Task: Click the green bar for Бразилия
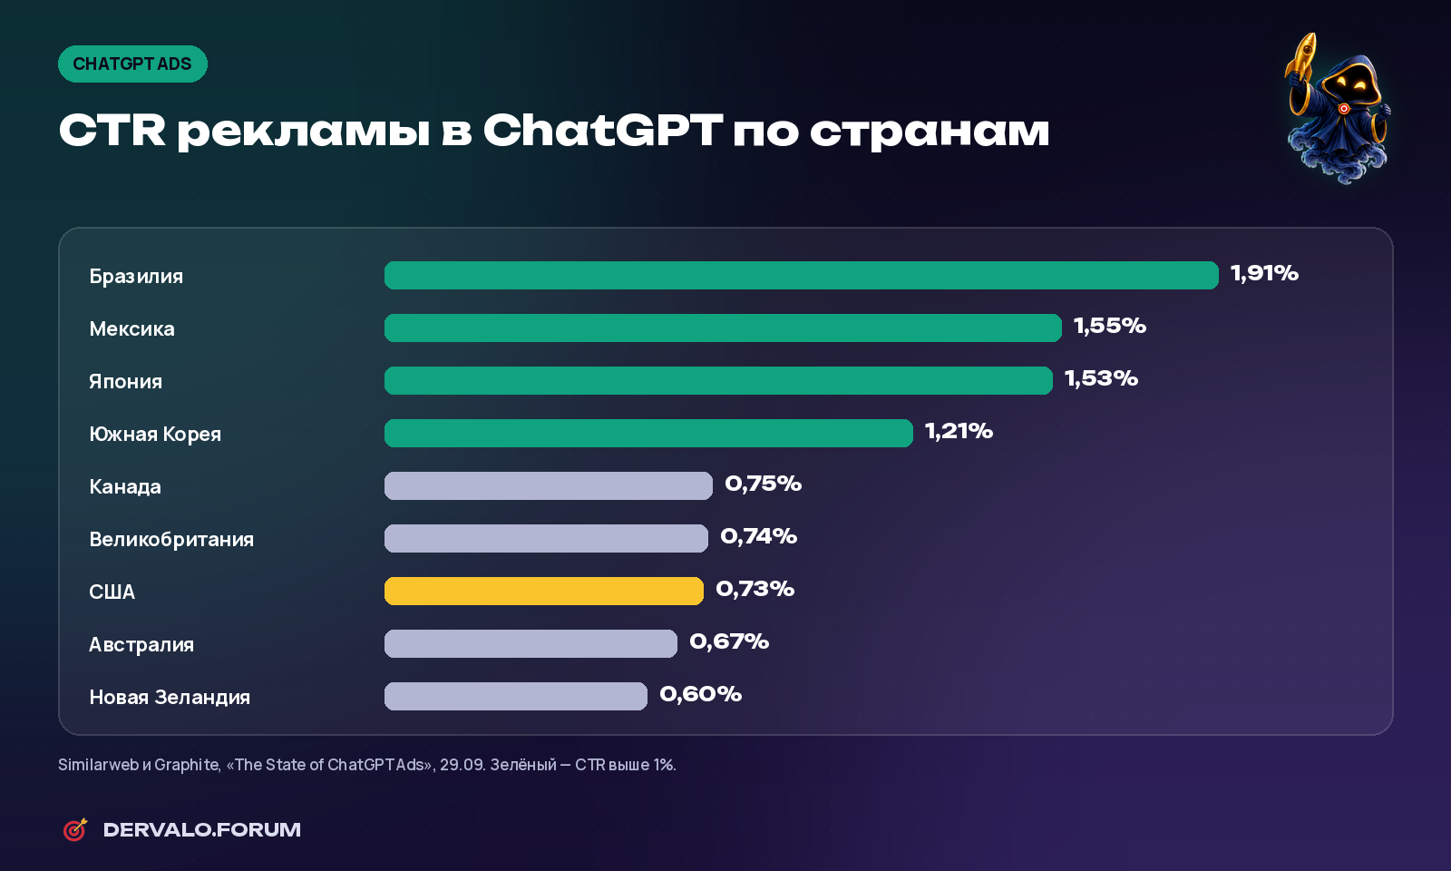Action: tap(802, 276)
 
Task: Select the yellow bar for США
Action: tap(543, 591)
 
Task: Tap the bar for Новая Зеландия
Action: tap(516, 696)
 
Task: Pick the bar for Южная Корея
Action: tap(648, 433)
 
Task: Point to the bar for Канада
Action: tap(548, 485)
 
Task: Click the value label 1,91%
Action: tap(1264, 273)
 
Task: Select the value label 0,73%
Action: tap(755, 589)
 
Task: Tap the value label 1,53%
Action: tap(1101, 377)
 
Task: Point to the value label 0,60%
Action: tap(700, 693)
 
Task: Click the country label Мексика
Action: tap(132, 328)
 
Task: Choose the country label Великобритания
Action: tap(171, 539)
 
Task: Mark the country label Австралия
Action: tap(141, 644)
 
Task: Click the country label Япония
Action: tap(126, 381)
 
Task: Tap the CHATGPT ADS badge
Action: tap(132, 64)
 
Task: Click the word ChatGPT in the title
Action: tap(602, 130)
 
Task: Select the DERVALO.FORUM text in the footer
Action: tap(202, 829)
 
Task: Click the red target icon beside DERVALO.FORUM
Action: tap(75, 829)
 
